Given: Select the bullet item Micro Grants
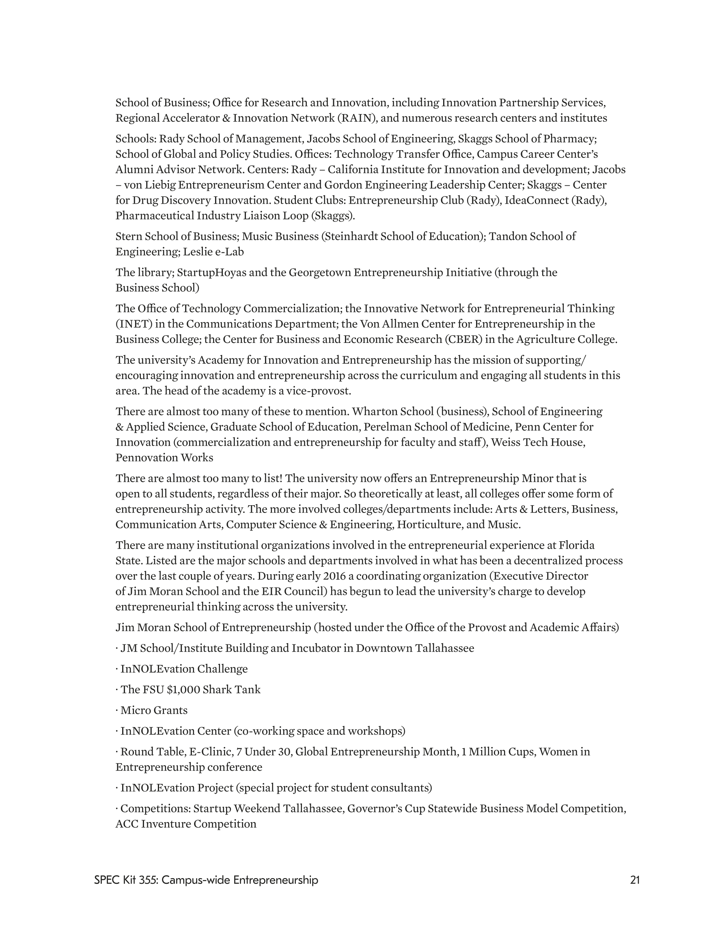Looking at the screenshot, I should [154, 710].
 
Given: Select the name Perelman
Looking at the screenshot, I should [412, 427].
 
